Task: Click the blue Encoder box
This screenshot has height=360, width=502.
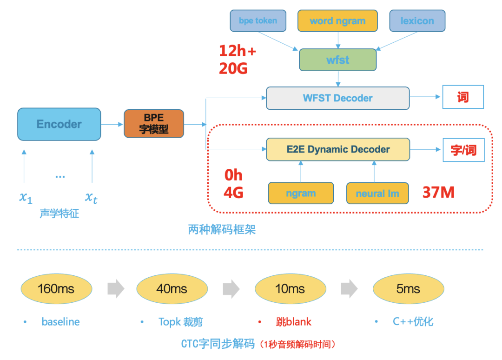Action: [59, 124]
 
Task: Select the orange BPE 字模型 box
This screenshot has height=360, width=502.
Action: [154, 124]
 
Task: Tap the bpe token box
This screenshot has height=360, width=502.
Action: [258, 21]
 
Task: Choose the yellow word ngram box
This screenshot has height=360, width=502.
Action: [337, 21]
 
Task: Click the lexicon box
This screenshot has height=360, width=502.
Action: [417, 21]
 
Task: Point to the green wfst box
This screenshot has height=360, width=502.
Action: [337, 60]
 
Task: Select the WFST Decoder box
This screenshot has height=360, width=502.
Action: [337, 98]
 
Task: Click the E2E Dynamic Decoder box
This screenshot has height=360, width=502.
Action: [337, 149]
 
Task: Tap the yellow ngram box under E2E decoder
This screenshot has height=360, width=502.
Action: [301, 193]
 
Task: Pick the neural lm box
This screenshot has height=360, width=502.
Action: [377, 193]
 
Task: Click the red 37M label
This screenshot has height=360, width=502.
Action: [438, 192]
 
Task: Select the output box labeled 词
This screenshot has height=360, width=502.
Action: [462, 98]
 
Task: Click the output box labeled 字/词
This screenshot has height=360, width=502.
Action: [463, 150]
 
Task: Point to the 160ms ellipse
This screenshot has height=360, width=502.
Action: [56, 289]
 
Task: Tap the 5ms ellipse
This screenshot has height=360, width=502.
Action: [408, 289]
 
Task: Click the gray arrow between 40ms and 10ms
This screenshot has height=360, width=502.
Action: [231, 289]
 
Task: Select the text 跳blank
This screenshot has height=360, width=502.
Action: [293, 322]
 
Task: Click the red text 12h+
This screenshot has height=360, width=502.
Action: [238, 51]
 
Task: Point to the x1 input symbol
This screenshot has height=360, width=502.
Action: [26, 197]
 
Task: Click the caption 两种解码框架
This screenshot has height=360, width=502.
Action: [222, 229]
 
